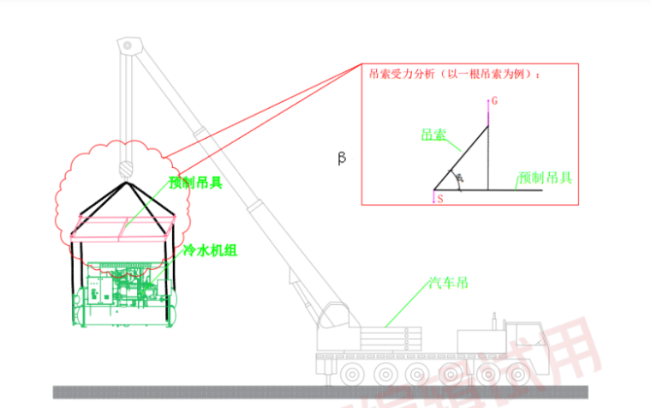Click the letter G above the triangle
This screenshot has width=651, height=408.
tap(494, 101)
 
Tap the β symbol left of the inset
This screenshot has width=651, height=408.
tap(342, 159)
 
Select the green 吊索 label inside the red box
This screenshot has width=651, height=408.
tap(433, 135)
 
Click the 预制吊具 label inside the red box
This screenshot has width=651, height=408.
tap(545, 178)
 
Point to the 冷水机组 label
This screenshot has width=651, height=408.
tap(210, 250)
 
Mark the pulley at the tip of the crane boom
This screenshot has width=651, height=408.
tap(128, 43)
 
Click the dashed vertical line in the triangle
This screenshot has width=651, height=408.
tap(488, 159)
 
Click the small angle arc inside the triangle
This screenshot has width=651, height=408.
tap(460, 180)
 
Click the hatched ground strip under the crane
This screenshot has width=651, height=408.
tap(325, 392)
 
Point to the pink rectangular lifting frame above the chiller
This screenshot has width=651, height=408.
tap(124, 225)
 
